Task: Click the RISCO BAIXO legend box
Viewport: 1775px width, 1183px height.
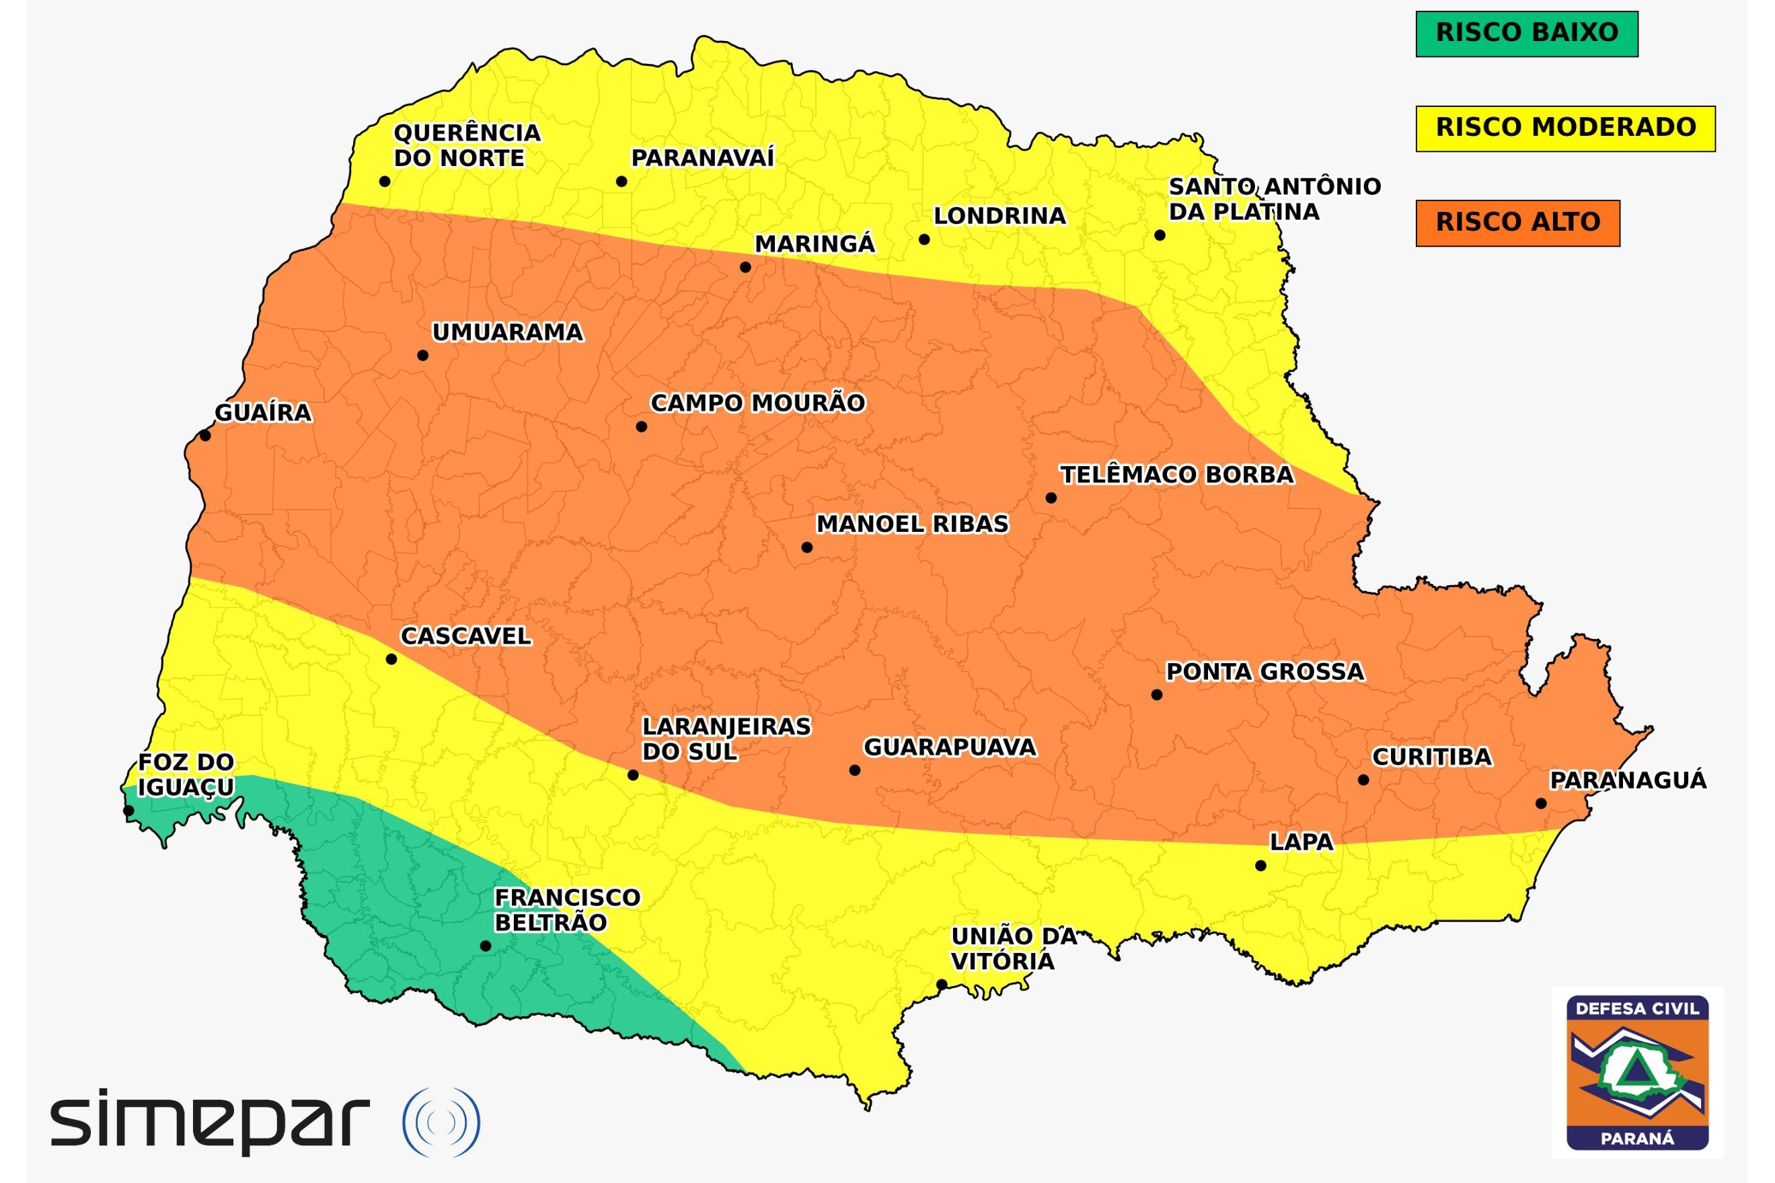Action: coord(1526,34)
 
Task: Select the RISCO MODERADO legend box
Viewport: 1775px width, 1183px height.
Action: coord(1564,129)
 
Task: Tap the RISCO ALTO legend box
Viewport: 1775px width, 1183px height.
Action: coord(1517,223)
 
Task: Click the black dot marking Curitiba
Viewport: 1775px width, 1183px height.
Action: coord(1363,780)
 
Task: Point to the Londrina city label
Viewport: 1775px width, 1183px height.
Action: coord(999,217)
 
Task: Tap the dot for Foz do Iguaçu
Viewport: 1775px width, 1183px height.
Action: coord(129,811)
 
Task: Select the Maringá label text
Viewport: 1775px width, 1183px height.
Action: coord(815,244)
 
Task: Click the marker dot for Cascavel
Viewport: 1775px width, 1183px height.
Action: coord(391,659)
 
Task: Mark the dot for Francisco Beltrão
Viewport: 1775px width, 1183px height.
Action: coord(485,946)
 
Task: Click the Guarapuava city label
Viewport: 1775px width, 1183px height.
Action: coord(950,748)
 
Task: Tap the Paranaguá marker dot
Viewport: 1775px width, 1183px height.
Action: coord(1541,804)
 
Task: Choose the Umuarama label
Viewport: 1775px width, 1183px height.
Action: coord(508,333)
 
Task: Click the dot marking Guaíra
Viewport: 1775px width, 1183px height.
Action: coord(205,435)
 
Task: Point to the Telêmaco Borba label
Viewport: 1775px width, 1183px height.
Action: coord(1177,475)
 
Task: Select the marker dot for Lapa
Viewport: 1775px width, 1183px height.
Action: coord(1260,866)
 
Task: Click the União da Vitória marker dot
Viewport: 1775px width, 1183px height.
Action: coord(942,985)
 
